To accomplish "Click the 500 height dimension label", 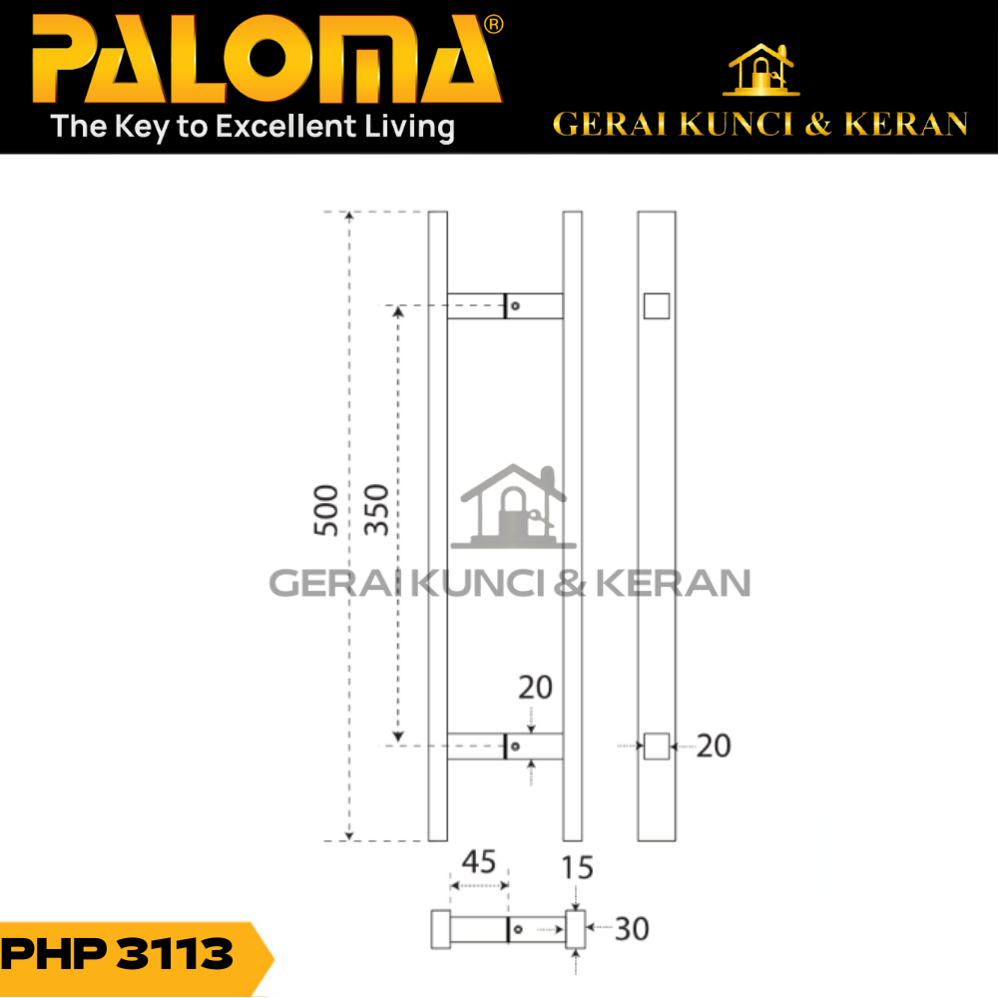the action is pos(326,510).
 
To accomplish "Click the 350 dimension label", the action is pos(376,510).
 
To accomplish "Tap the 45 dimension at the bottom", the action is pos(479,862).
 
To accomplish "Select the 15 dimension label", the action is pos(577,867).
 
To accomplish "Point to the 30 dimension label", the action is pos(632,929).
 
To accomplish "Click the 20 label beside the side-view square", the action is pos(714,746).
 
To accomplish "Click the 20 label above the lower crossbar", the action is pos(535,688).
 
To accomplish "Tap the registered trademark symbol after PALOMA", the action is pos(494,25).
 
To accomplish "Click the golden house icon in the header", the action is pos(761,70).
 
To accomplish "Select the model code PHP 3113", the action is pos(118,954).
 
